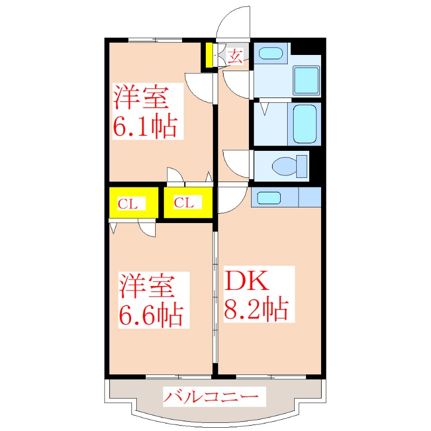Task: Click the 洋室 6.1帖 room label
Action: (144, 112)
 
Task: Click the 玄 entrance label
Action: (235, 55)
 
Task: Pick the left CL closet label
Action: (128, 204)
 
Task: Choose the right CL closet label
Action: (184, 203)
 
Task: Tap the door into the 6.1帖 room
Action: (200, 86)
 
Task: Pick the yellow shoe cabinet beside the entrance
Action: (207, 55)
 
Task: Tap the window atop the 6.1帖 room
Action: (155, 39)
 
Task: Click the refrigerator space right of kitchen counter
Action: (310, 197)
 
